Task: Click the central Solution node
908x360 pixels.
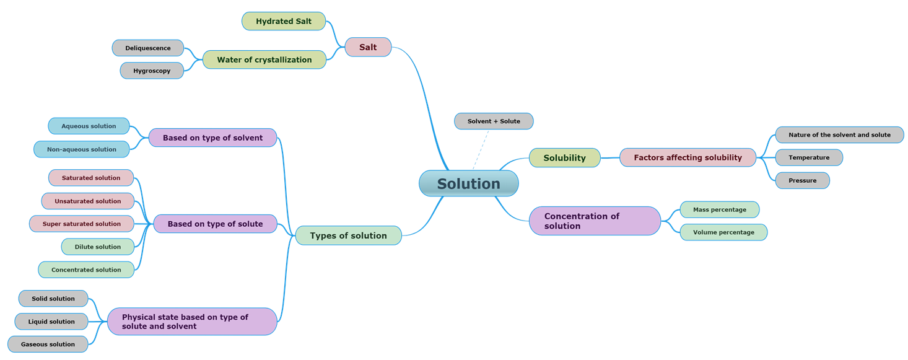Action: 468,183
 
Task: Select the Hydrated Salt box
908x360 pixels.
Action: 284,21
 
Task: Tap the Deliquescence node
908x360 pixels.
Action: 148,48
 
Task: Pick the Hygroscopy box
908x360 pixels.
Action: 152,71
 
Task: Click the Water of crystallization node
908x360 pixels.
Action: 264,59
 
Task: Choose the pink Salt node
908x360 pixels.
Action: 368,47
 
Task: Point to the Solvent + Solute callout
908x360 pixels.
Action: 494,121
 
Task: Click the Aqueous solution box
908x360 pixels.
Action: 89,126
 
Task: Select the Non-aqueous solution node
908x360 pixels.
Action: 82,149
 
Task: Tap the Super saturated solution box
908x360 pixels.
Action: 82,224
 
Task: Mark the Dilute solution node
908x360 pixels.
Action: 98,247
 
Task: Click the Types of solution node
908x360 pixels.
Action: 348,235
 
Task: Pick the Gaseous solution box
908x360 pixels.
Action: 48,344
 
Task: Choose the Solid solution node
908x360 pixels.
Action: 53,299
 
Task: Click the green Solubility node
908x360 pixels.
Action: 564,157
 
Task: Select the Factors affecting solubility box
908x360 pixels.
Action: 688,157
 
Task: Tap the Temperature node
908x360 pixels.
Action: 809,157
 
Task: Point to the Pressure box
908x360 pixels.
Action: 802,180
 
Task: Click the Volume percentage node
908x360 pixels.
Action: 723,232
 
